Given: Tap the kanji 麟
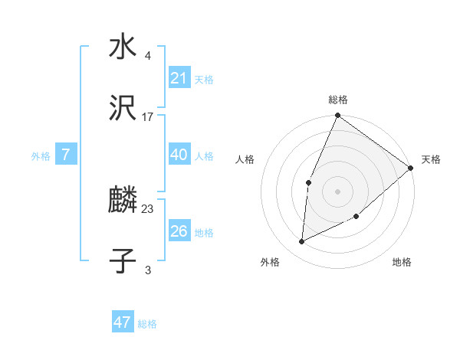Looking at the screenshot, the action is point(123,201).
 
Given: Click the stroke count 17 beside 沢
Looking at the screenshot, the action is point(148,117).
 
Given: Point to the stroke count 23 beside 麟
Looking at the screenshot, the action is point(148,208).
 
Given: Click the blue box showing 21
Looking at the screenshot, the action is point(179,78).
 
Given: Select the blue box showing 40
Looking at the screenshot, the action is point(179,155).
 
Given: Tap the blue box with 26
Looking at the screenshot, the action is point(179,231).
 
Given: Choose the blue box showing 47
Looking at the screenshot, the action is point(123,322).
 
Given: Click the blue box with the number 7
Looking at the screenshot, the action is point(66,155).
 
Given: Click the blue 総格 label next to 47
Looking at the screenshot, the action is point(147,324).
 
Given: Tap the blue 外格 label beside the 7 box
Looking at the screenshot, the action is point(41,156).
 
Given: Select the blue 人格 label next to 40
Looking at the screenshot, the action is point(204,156).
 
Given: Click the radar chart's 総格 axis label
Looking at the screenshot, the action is point(338,100).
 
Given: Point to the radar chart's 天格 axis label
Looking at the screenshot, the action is point(431,159).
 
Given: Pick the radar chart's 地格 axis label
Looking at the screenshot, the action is point(402,262).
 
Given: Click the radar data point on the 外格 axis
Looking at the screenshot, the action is point(302,242).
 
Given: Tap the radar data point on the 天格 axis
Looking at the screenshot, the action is point(411,168).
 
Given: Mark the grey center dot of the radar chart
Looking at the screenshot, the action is point(337,191).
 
